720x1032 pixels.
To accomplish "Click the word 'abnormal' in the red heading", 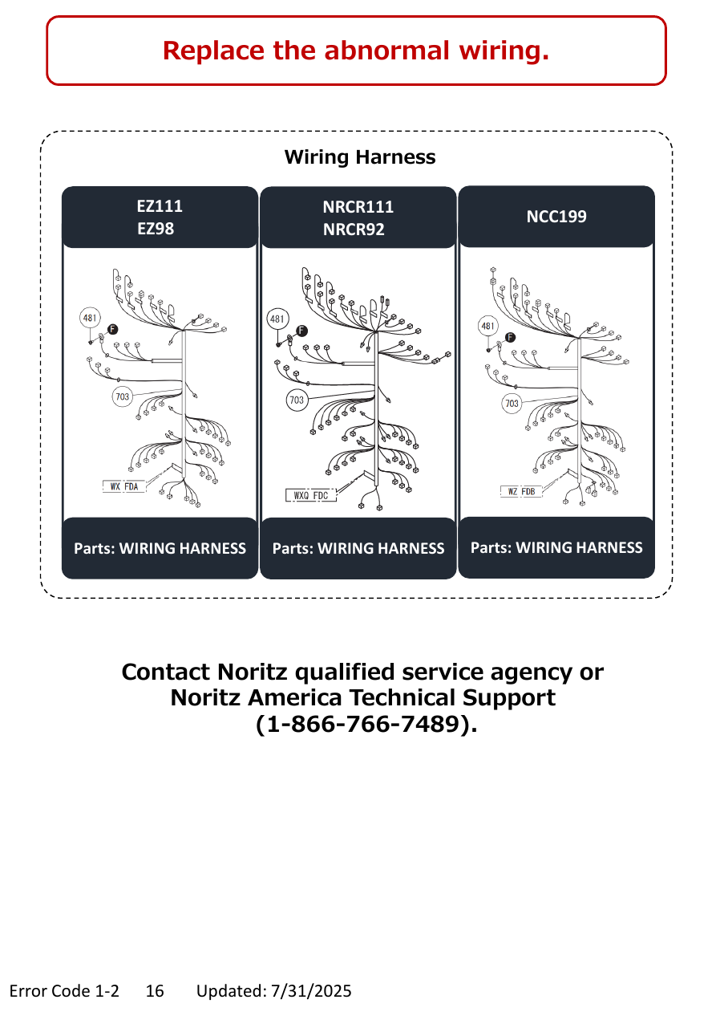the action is (386, 51).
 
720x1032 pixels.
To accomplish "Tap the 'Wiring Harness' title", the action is (359, 157).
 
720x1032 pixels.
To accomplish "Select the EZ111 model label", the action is (160, 206).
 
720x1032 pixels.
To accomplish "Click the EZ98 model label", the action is (156, 229).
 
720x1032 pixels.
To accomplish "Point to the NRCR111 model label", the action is (358, 207).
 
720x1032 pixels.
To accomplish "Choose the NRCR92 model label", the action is (354, 230).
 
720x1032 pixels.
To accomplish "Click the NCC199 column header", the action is (556, 217).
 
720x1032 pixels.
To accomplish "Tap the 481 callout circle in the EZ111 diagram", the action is (90, 318).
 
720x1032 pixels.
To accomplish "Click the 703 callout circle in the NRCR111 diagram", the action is (297, 400).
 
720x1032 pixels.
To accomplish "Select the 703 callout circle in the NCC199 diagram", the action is (512, 404).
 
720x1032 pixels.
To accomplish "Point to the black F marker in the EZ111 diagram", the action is (113, 329).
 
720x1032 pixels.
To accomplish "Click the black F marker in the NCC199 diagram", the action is (510, 337).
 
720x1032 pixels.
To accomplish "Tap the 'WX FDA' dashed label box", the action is (124, 486).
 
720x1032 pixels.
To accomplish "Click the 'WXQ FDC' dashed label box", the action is (311, 495).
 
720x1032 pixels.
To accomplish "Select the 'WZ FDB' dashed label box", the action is (521, 492).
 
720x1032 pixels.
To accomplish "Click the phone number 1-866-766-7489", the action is (366, 724).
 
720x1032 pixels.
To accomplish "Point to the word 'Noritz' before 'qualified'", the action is (252, 672).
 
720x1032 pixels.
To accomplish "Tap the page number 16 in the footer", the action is (155, 991).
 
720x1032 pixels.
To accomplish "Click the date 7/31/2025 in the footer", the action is (311, 991).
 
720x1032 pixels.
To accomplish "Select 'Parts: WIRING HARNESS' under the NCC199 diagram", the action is (556, 547).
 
